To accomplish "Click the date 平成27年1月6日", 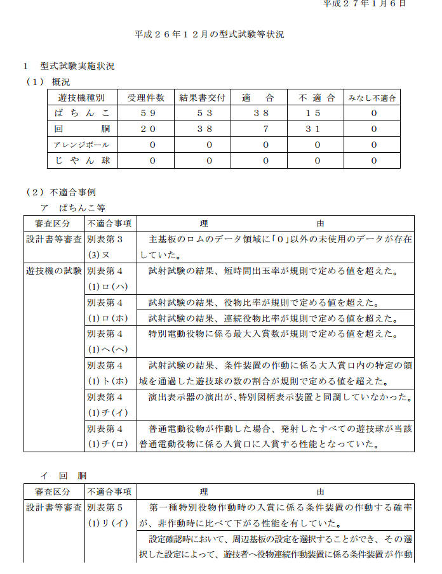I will pyautogui.click(x=365, y=4).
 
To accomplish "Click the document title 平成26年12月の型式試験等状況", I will pyautogui.click(x=210, y=34).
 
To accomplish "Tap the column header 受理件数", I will pyautogui.click(x=146, y=98).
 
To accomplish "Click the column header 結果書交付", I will pyautogui.click(x=203, y=98).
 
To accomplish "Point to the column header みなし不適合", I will pyautogui.click(x=373, y=98).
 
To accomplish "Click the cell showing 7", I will pyautogui.click(x=267, y=129).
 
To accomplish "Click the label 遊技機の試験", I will pyautogui.click(x=54, y=271).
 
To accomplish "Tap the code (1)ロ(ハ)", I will pyautogui.click(x=109, y=286).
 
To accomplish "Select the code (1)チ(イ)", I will pyautogui.click(x=109, y=413).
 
